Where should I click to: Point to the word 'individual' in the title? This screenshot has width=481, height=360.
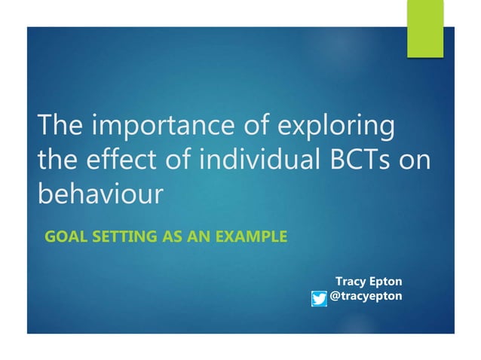[x=240, y=160]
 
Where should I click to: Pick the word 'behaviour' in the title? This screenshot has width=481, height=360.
[x=100, y=194]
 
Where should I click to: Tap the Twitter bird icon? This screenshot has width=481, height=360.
[x=319, y=299]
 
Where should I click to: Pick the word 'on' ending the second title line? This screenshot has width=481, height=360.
[x=415, y=160]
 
